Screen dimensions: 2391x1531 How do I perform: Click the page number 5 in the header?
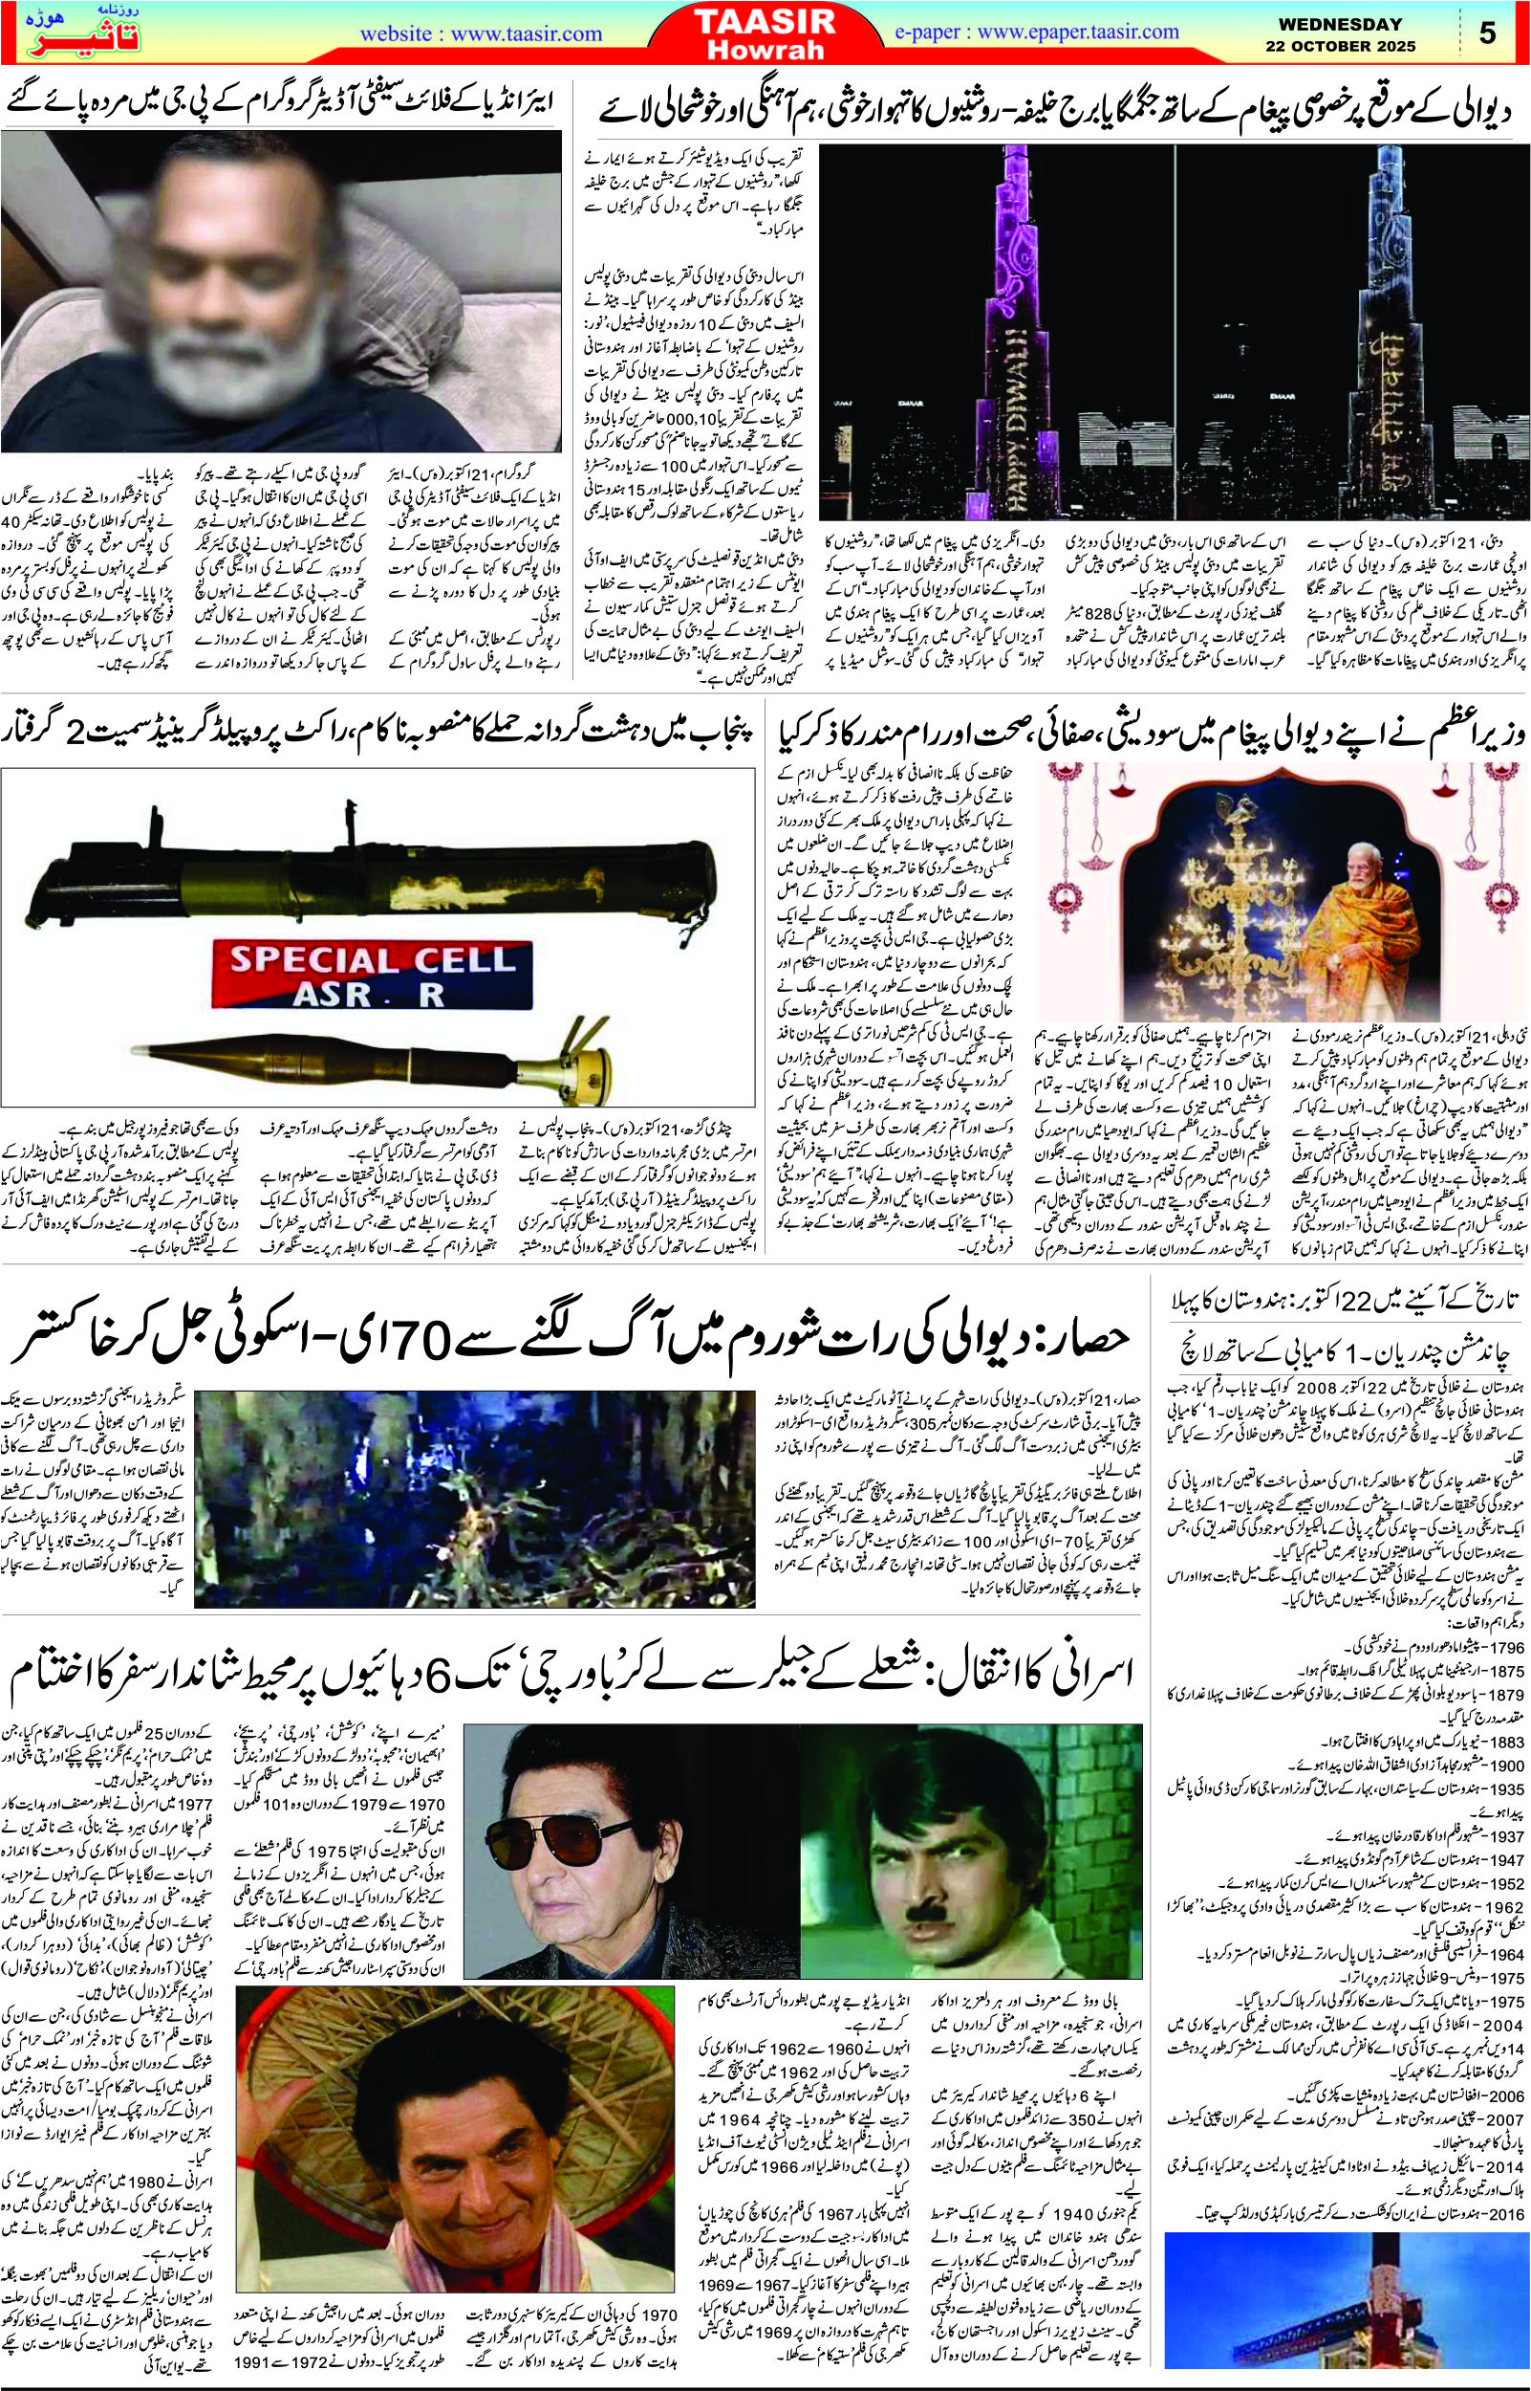coord(1487,33)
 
